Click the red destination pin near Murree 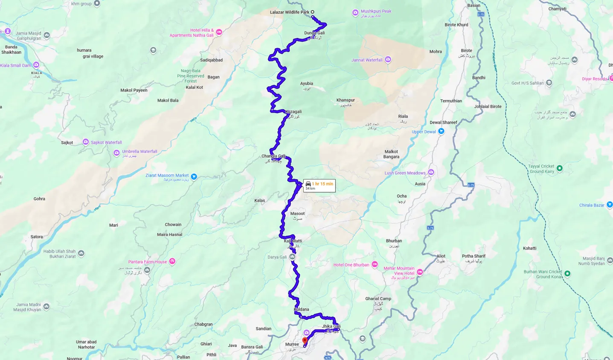tap(305, 341)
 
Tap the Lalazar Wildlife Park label tap(289, 12)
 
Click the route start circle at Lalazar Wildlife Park tap(312, 12)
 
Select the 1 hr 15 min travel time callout tap(319, 186)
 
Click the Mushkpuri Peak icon tap(355, 13)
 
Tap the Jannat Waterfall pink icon tap(388, 60)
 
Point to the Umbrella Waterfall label tap(139, 151)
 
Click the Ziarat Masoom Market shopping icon tap(194, 177)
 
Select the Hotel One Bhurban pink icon tap(375, 265)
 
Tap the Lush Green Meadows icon tap(431, 172)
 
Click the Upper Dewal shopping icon tap(442, 131)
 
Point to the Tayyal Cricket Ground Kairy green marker tap(560, 168)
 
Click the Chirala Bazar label tap(592, 205)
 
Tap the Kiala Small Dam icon tap(36, 65)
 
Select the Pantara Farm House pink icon tap(172, 261)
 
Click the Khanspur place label tap(346, 100)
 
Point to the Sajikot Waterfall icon tap(86, 142)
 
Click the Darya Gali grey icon tap(292, 257)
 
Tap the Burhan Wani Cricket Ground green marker tap(567, 273)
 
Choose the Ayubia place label tap(306, 84)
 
